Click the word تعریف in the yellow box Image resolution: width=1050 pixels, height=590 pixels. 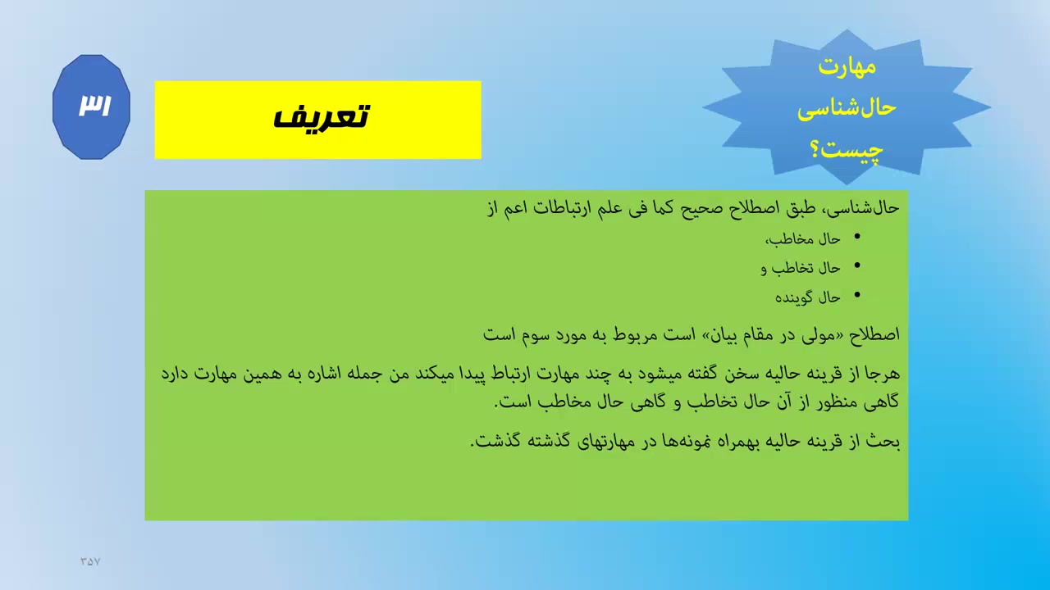click(321, 116)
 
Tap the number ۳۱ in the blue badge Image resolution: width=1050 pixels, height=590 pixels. click(94, 105)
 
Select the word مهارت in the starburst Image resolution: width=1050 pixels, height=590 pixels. click(847, 66)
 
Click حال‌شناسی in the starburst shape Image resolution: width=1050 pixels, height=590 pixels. click(847, 109)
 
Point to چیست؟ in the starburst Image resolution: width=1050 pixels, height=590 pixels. click(847, 150)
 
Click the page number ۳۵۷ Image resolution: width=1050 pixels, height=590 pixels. click(90, 561)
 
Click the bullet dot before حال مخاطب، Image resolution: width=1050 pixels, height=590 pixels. click(857, 237)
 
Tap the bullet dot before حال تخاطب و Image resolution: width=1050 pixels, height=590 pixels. click(857, 265)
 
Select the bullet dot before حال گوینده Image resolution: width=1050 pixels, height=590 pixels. click(857, 294)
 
